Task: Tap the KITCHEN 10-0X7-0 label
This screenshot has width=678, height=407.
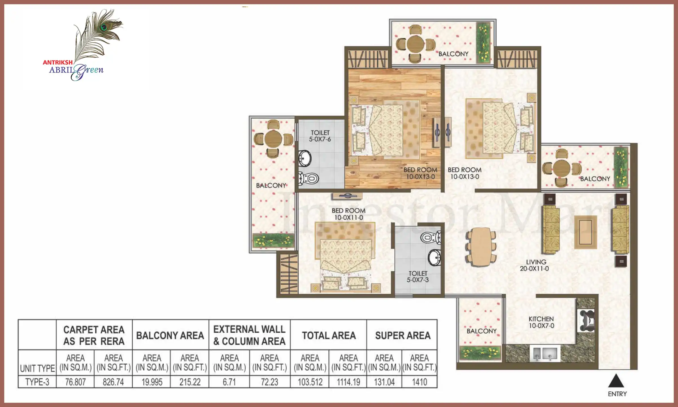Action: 541,322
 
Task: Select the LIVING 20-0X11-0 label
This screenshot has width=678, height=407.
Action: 534,265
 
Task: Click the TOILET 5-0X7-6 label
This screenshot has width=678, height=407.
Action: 320,136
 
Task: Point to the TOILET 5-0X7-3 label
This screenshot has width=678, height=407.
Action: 418,277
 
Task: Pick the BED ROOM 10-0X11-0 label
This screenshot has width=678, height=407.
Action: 349,214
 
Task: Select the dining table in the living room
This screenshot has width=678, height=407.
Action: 481,247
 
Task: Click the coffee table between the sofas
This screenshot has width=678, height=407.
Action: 586,232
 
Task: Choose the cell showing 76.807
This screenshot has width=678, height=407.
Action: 75,382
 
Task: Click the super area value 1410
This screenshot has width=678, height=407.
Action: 420,382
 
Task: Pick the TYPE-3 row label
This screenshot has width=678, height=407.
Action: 37,382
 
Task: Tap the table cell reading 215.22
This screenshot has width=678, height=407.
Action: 190,382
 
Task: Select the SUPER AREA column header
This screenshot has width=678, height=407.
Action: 403,335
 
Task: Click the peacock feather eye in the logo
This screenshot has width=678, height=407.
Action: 104,27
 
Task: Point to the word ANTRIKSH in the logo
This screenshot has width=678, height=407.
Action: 58,62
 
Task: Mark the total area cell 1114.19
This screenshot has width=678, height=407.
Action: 348,382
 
